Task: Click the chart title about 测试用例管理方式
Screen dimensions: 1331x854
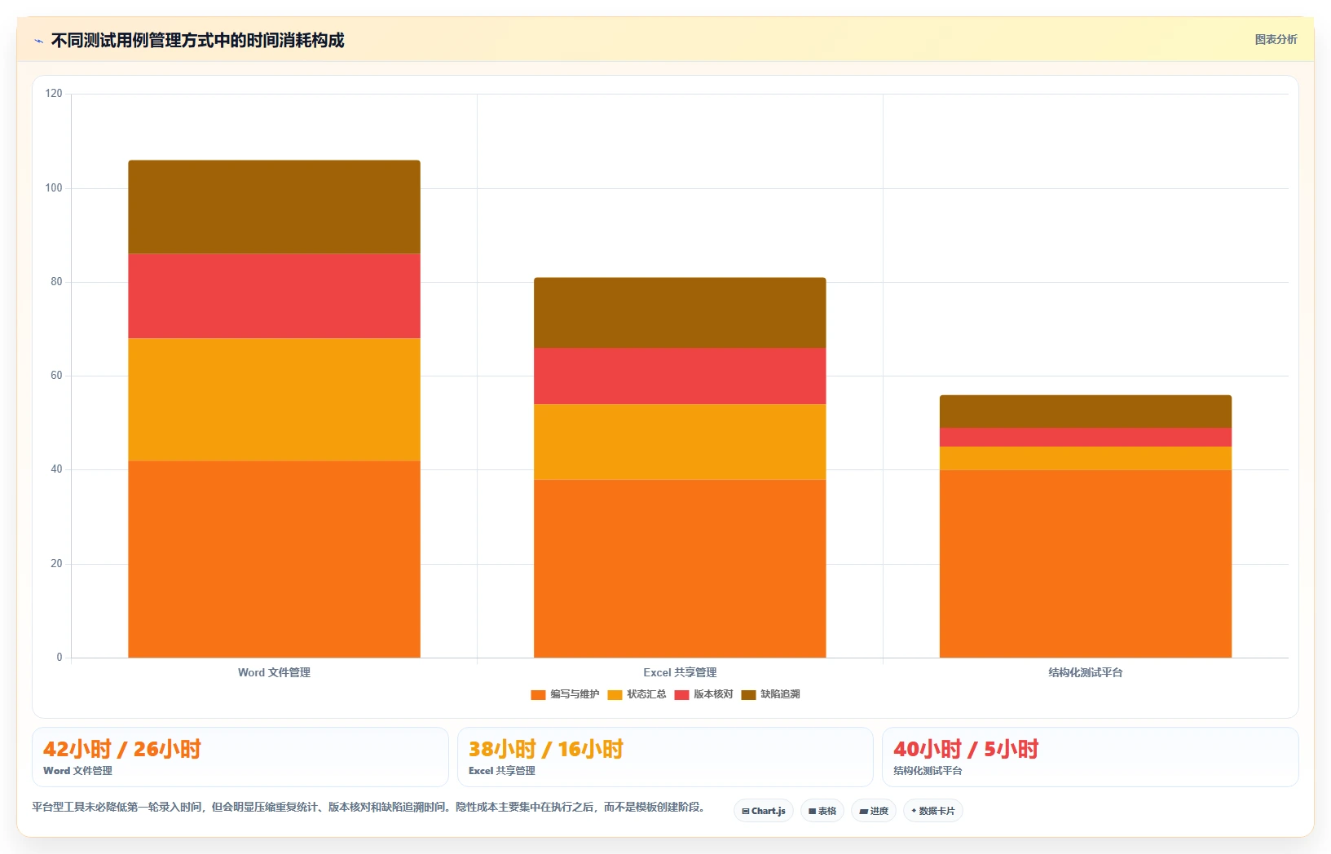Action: [197, 41]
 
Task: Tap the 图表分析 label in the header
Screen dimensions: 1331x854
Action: [1276, 40]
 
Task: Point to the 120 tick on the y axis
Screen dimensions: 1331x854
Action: [54, 93]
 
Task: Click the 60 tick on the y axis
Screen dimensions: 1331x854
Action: [56, 376]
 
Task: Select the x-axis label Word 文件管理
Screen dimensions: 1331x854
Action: [274, 672]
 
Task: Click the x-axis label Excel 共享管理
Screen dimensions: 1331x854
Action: [680, 672]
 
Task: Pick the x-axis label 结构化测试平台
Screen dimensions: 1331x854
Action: [1085, 672]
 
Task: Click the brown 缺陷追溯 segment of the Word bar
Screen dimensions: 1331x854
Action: [274, 207]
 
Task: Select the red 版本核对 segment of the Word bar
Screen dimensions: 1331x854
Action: [274, 297]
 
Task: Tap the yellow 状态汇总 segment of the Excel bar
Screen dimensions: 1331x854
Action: [680, 442]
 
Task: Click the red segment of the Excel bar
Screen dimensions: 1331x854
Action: [680, 376]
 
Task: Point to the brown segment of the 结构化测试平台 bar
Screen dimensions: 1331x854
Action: [1085, 412]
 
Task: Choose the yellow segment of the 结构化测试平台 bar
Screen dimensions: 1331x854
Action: [1085, 459]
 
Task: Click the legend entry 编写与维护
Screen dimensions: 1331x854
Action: [565, 694]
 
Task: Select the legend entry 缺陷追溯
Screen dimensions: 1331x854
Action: [771, 694]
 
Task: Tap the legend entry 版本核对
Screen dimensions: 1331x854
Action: [703, 694]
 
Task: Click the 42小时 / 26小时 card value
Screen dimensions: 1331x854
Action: [121, 750]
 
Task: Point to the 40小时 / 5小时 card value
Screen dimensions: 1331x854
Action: [966, 750]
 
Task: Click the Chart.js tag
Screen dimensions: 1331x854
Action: [764, 811]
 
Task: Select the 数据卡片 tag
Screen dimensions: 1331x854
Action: [933, 811]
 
